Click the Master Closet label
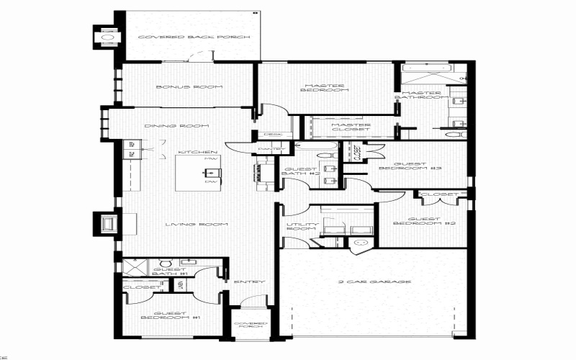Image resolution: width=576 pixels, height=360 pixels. [350, 127]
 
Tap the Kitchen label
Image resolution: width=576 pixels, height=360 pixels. [198, 152]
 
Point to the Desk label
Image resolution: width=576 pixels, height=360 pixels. [272, 134]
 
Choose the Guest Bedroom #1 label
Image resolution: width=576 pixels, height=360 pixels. [163, 316]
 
